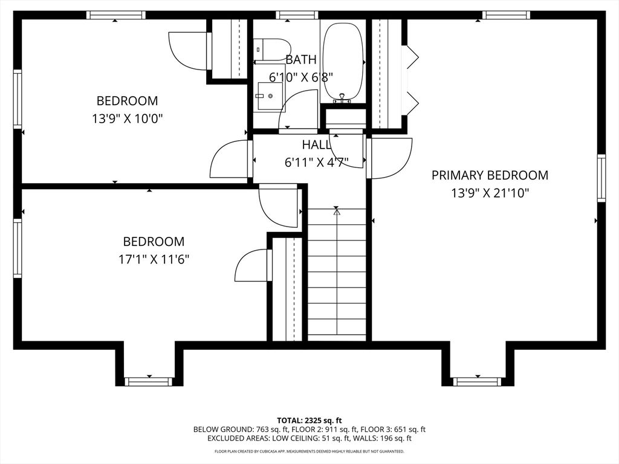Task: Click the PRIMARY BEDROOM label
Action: click(490, 175)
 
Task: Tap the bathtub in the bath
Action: click(343, 62)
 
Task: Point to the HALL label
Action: click(316, 145)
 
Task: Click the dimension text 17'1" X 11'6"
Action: click(154, 259)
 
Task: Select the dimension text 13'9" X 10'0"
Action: click(127, 118)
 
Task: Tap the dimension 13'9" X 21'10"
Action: click(490, 193)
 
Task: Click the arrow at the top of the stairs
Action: click(337, 211)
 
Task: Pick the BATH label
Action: click(300, 59)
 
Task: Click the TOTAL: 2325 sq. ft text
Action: click(309, 420)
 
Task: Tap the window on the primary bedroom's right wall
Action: click(601, 177)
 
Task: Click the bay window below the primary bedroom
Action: click(478, 381)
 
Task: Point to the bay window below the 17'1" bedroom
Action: click(149, 381)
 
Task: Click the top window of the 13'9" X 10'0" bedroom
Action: click(115, 15)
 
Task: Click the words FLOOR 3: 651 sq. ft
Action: click(398, 430)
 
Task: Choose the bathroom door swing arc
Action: click(299, 109)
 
